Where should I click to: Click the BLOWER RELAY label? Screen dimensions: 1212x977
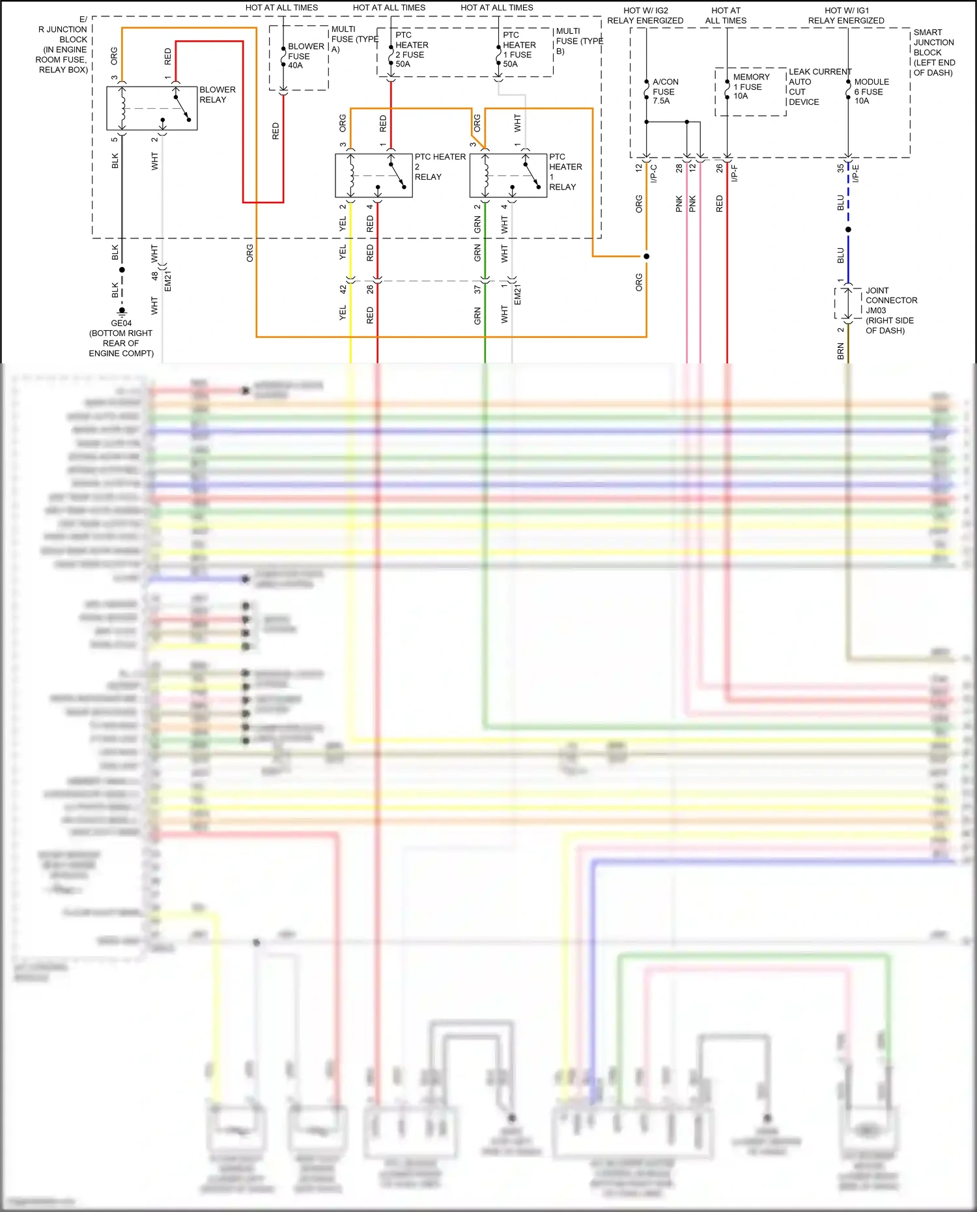point(217,95)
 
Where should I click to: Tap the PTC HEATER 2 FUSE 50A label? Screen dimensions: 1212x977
point(412,49)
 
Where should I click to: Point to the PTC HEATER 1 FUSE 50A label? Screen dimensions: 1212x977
point(519,49)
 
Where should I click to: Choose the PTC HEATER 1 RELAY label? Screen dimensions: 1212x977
point(565,172)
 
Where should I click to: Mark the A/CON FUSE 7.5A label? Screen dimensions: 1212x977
point(665,91)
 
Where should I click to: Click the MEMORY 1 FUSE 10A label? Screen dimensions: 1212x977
point(750,87)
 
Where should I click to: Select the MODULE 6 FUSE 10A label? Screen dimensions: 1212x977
point(871,91)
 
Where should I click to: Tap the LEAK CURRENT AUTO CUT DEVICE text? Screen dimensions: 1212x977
point(818,87)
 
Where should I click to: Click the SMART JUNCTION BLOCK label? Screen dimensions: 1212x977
point(933,52)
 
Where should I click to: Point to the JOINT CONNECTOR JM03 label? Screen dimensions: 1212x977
point(890,311)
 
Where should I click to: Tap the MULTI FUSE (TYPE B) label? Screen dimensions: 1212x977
point(578,40)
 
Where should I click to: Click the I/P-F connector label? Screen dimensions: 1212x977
point(735,173)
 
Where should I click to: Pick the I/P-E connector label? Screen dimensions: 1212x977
point(856,173)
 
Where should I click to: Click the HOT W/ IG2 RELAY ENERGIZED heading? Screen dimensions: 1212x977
point(645,16)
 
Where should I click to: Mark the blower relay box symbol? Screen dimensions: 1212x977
point(152,108)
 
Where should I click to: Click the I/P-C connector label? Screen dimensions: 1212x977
point(654,173)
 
